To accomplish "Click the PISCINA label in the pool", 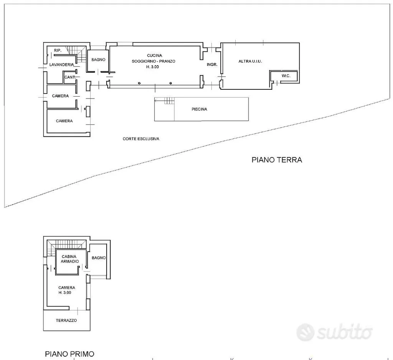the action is pyautogui.click(x=199, y=109).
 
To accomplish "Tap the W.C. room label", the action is pyautogui.click(x=286, y=76).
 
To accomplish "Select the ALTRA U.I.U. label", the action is pyautogui.click(x=250, y=61).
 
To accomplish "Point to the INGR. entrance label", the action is pyautogui.click(x=212, y=64).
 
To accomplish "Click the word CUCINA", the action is pyautogui.click(x=154, y=55).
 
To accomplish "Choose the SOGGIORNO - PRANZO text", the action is pyautogui.click(x=154, y=61).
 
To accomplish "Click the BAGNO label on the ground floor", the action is pyautogui.click(x=98, y=59).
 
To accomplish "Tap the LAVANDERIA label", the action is pyautogui.click(x=62, y=64).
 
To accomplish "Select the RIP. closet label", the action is pyautogui.click(x=58, y=50).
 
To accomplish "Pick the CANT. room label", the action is pyautogui.click(x=70, y=77).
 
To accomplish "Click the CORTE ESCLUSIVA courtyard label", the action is pyautogui.click(x=141, y=139).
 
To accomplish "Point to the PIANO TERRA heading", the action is pyautogui.click(x=277, y=160).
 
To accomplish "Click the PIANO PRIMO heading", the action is pyautogui.click(x=70, y=354).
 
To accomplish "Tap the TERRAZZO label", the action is pyautogui.click(x=66, y=320).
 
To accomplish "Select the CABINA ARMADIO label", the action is pyautogui.click(x=69, y=259).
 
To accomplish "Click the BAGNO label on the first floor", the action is pyautogui.click(x=99, y=258).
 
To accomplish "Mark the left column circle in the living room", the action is pyautogui.click(x=139, y=83).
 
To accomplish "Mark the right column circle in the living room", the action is pyautogui.click(x=171, y=83).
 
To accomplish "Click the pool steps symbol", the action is pyautogui.click(x=169, y=101).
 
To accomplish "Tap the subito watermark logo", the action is pyautogui.click(x=334, y=332).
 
